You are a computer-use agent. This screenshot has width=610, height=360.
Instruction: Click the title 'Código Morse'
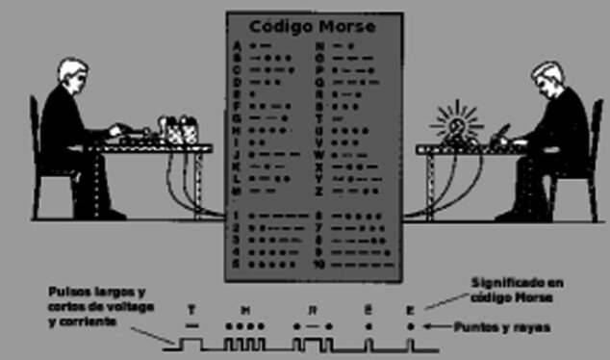tap(314, 26)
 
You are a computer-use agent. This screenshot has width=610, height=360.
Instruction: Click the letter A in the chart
tap(237, 45)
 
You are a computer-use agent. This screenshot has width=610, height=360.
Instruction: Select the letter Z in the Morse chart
tap(319, 191)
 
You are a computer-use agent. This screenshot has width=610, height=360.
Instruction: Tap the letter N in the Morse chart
tap(319, 45)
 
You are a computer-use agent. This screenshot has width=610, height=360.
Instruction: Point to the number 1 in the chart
tap(237, 215)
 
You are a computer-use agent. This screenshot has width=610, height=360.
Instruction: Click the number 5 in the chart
tap(237, 263)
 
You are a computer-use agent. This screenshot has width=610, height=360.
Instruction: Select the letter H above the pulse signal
tap(245, 309)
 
